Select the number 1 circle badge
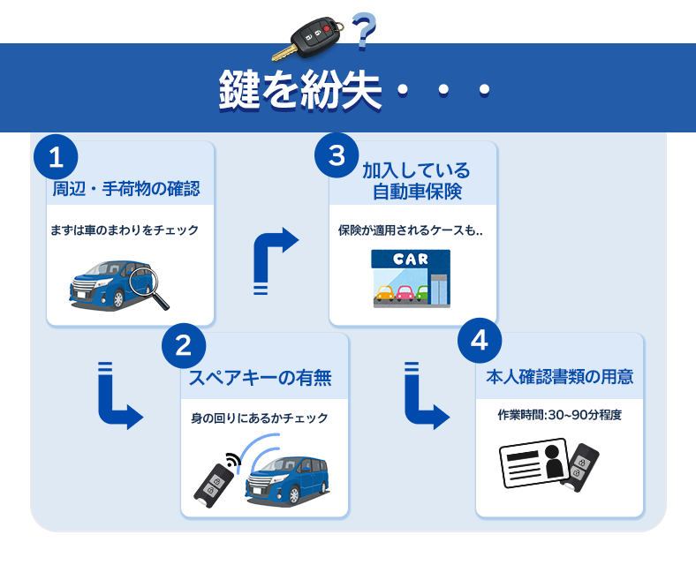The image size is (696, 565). coord(56,158)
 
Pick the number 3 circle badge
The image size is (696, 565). coord(337,156)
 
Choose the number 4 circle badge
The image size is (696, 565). coord(480,345)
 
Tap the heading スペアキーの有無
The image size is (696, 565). coord(261,378)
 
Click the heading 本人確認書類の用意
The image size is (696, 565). coord(559,377)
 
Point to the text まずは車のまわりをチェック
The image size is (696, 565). coord(125,230)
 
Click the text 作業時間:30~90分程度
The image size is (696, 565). coord(559,415)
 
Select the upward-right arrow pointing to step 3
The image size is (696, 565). coord(275,256)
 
